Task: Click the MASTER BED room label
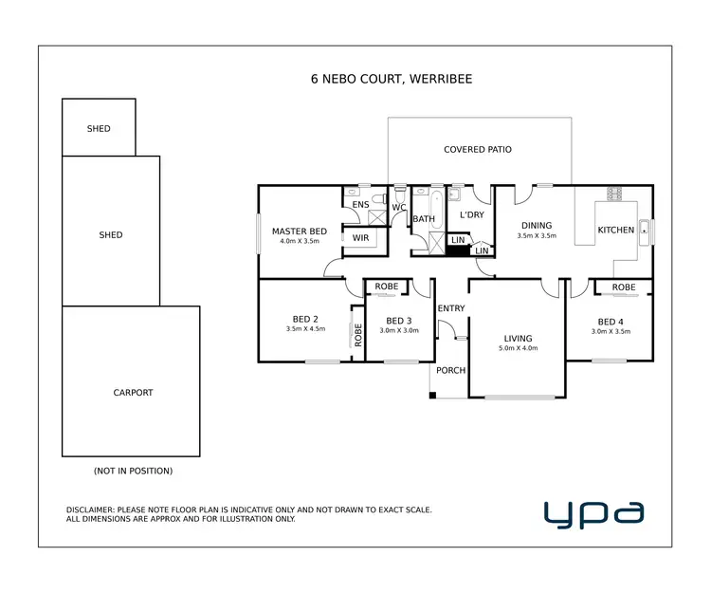[x=300, y=232]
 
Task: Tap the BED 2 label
[x=305, y=319]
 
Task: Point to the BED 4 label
[x=611, y=321]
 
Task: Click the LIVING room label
[x=518, y=339]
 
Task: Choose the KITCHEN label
[x=615, y=231]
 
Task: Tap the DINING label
[x=536, y=226]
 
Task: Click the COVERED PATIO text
[x=478, y=150]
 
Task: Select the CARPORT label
[x=133, y=393]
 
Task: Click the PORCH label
[x=450, y=370]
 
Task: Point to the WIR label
[x=360, y=238]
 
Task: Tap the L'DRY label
[x=471, y=215]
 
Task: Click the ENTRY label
[x=451, y=307]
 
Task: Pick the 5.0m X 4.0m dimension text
[x=518, y=349]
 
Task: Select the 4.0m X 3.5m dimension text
[x=300, y=242]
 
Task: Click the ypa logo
[x=594, y=513]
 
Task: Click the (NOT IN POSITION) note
[x=133, y=471]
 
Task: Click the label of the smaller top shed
[x=99, y=129]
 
